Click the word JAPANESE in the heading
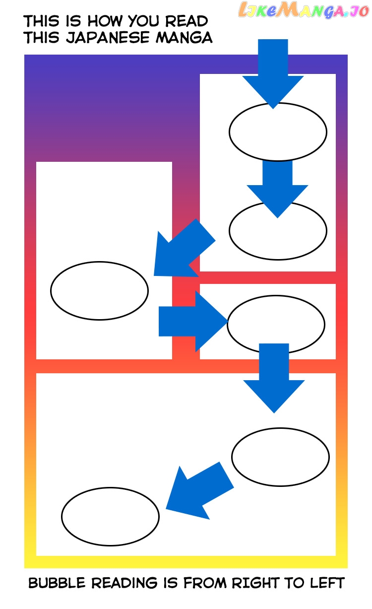[x=108, y=38]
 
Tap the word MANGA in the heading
[x=184, y=37]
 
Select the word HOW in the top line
[x=105, y=21]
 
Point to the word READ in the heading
[x=186, y=21]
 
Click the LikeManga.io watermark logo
[x=304, y=10]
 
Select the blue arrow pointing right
[x=193, y=321]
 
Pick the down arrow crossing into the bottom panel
[x=274, y=378]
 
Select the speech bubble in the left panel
[x=100, y=291]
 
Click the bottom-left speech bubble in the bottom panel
[x=110, y=517]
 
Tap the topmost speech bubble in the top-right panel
[x=278, y=132]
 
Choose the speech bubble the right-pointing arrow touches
[x=276, y=324]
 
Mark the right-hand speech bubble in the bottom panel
[x=280, y=457]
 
